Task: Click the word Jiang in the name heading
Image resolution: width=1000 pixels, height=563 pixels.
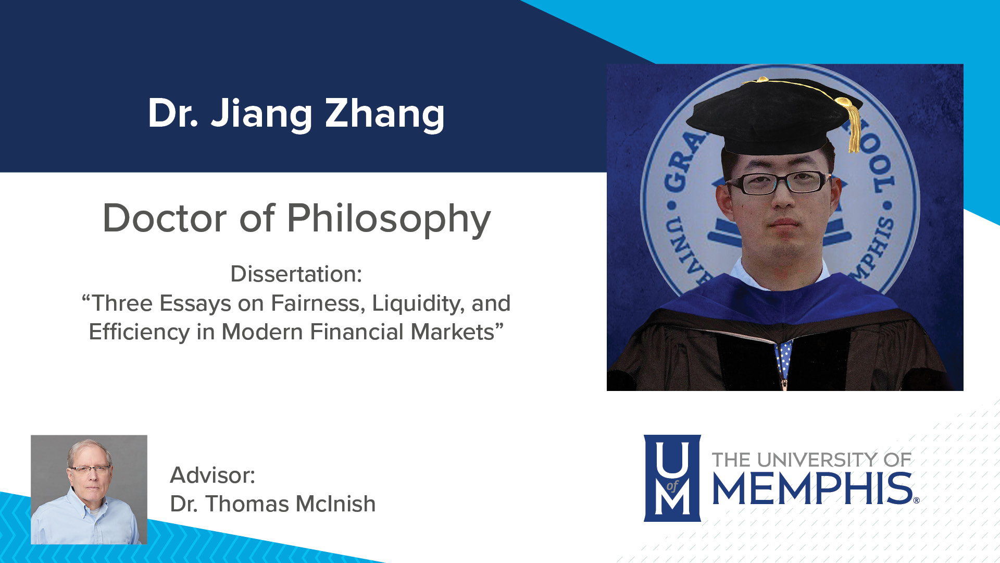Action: [x=261, y=114]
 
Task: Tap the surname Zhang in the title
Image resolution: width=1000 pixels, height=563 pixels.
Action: [x=384, y=114]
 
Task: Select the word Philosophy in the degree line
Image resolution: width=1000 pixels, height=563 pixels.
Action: [x=389, y=218]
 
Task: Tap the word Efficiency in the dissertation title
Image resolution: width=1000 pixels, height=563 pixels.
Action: [x=139, y=332]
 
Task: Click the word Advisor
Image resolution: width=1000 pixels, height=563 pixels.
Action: [x=213, y=475]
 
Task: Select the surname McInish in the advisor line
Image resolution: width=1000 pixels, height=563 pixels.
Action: [x=335, y=504]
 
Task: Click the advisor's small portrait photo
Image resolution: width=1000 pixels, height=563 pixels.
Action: [x=89, y=489]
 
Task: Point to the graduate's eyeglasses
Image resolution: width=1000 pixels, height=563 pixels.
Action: [x=778, y=182]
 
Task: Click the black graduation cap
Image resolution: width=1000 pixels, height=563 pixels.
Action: [x=771, y=117]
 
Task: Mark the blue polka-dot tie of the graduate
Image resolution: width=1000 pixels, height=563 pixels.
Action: [x=783, y=360]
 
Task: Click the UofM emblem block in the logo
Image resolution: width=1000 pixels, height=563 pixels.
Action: [x=672, y=478]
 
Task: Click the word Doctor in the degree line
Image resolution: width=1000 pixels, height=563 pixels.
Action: [x=165, y=218]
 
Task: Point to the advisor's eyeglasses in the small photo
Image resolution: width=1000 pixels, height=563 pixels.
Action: [x=90, y=470]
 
